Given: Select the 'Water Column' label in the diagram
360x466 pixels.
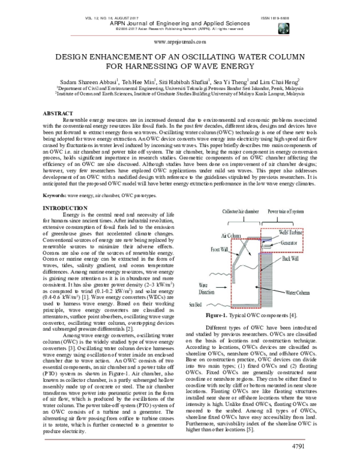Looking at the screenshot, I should click(298, 292).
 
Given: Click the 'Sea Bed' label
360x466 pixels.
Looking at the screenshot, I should click(196, 304).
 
